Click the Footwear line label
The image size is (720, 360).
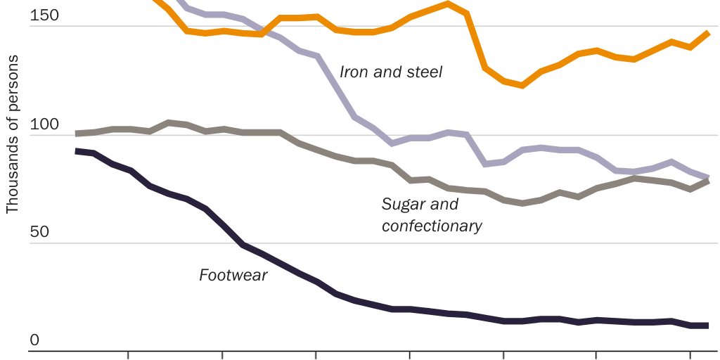(233, 275)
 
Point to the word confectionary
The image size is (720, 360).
(432, 226)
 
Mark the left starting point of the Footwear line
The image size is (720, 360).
(77, 150)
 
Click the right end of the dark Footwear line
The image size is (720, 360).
(707, 325)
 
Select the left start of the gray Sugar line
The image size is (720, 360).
(77, 133)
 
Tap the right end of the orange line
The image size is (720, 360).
(707, 32)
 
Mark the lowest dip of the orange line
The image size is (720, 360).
(522, 85)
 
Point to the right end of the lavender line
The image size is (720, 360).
(707, 177)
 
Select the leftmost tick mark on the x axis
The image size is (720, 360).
(128, 355)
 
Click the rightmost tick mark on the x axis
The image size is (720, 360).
(690, 355)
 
